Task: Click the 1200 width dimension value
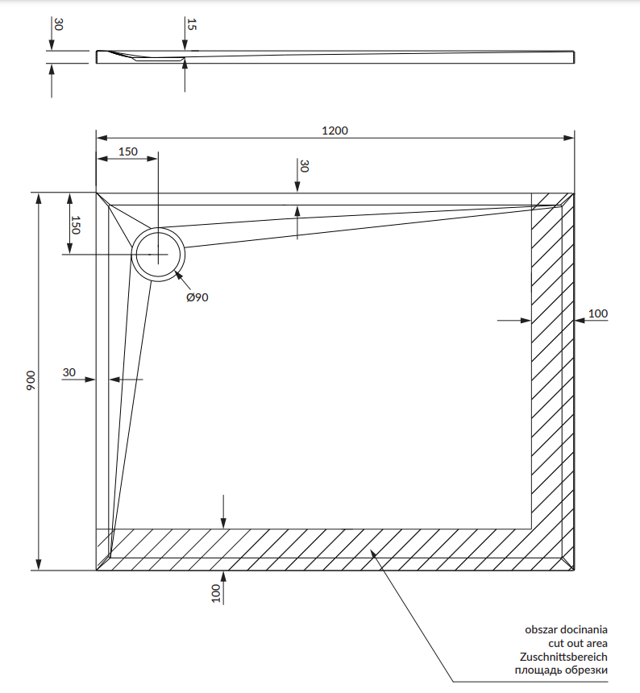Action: [335, 131]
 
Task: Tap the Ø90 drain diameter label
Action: [197, 297]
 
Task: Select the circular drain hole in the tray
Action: [159, 254]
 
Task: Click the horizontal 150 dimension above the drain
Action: [128, 151]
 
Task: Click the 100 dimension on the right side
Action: [598, 313]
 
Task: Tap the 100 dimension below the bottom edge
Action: [215, 594]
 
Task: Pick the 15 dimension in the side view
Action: [191, 24]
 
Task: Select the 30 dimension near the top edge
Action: [304, 166]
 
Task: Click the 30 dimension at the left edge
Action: [69, 372]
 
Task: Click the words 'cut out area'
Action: [578, 643]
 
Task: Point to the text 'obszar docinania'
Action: [566, 629]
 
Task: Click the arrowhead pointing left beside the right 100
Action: [579, 321]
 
